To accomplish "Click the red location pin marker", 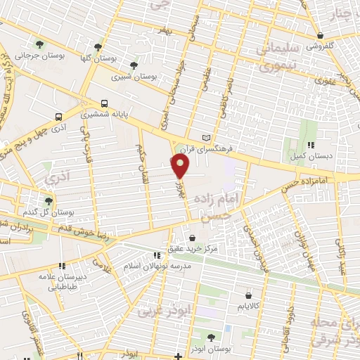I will pyautogui.click(x=181, y=166).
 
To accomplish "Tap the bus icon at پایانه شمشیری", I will pyautogui.click(x=104, y=101).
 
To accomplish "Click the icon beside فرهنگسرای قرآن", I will pyautogui.click(x=206, y=136).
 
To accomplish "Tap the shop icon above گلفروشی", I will pyautogui.click(x=321, y=35).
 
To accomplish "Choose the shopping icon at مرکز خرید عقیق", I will pyautogui.click(x=192, y=238).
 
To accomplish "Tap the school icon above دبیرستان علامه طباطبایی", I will pyautogui.click(x=61, y=266).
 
